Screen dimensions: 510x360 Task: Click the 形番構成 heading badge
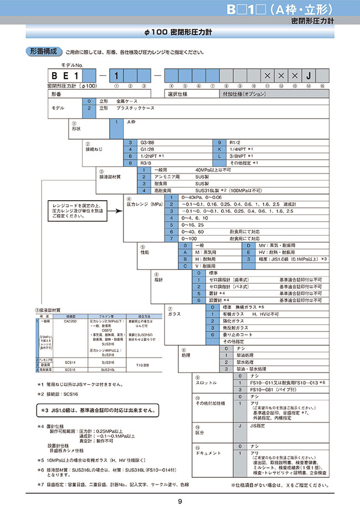43,52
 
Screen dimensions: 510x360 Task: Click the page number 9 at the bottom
180,502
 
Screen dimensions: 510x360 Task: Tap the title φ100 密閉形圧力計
179,32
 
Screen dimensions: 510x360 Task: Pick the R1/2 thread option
234,142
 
